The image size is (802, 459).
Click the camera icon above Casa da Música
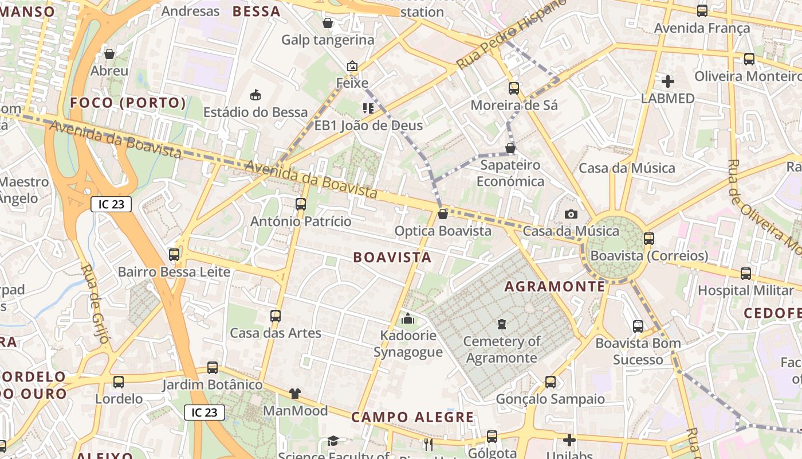pyautogui.click(x=571, y=214)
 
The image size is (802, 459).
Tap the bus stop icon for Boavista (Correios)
pyautogui.click(x=648, y=238)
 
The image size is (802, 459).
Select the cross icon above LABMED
pyautogui.click(x=667, y=81)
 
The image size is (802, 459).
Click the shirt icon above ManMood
pyautogui.click(x=294, y=394)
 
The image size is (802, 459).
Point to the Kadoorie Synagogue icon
pyautogui.click(x=408, y=318)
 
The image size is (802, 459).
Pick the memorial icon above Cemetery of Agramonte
pyautogui.click(x=502, y=324)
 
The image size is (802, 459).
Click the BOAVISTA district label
pyautogui.click(x=392, y=257)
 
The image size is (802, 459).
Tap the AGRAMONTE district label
pyautogui.click(x=555, y=286)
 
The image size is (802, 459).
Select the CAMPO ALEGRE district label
pyautogui.click(x=412, y=417)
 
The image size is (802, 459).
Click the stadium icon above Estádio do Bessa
pyautogui.click(x=255, y=95)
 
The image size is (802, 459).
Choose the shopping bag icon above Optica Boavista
pyautogui.click(x=442, y=214)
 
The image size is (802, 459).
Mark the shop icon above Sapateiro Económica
pyautogui.click(x=510, y=148)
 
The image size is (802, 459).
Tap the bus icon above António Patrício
pyautogui.click(x=301, y=204)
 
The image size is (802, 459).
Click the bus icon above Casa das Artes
pyautogui.click(x=276, y=316)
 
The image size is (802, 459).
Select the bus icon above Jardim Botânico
pyautogui.click(x=213, y=367)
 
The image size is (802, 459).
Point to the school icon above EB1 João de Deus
pyautogui.click(x=368, y=108)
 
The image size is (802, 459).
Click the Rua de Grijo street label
pyautogui.click(x=95, y=304)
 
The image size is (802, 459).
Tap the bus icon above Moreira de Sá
pyautogui.click(x=514, y=88)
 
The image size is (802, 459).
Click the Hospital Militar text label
pyautogui.click(x=745, y=290)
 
